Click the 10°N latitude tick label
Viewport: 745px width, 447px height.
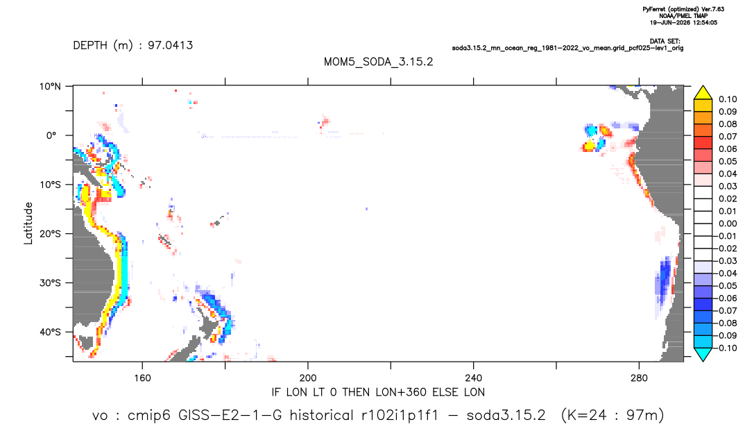(x=50, y=87)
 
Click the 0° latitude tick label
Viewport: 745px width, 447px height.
(x=52, y=135)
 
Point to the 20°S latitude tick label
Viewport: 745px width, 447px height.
(x=50, y=234)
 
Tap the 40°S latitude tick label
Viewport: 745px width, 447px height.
(x=50, y=332)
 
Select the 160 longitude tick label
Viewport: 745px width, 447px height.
(x=142, y=378)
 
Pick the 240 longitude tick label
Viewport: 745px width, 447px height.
(x=474, y=378)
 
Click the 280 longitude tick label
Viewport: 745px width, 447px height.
(x=639, y=378)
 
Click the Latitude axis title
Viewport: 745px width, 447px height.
(x=28, y=223)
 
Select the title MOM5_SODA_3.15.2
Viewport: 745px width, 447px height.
(x=378, y=62)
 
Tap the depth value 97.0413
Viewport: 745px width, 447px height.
(x=171, y=46)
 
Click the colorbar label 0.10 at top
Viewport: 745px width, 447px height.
(x=728, y=99)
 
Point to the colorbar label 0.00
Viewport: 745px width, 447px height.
(x=728, y=223)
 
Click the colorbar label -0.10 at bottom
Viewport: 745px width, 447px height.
(x=726, y=348)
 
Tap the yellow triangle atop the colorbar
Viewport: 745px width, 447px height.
(x=703, y=93)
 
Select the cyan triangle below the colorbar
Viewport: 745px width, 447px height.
(x=703, y=354)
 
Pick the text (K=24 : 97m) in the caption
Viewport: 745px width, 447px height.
(x=613, y=416)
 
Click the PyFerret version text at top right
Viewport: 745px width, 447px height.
(x=683, y=9)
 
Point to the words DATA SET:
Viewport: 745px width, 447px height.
(x=665, y=42)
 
